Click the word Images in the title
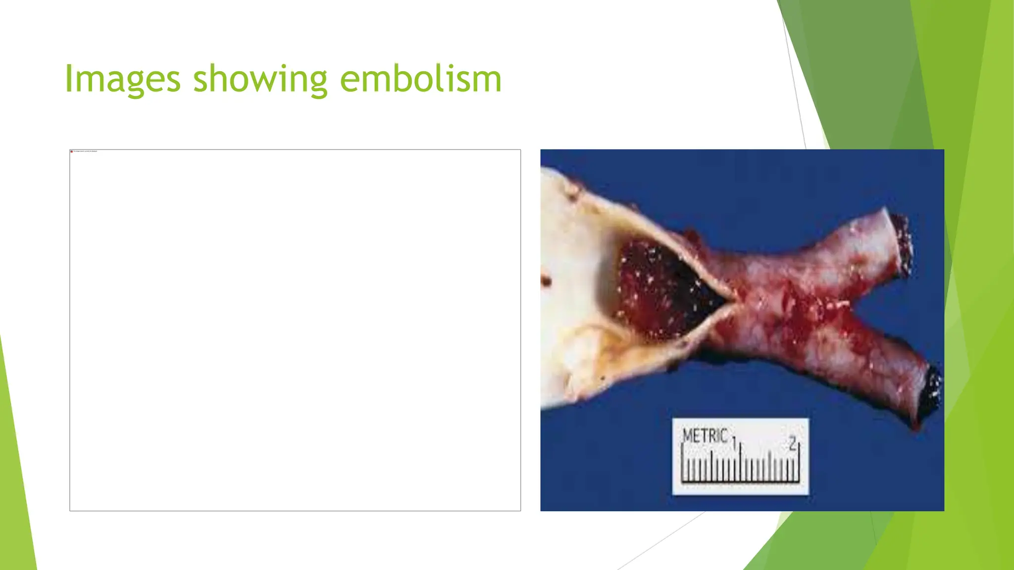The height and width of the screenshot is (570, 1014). coord(122,79)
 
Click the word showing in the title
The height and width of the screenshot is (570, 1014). coord(260,79)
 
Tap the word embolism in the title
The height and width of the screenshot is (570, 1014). coord(420,79)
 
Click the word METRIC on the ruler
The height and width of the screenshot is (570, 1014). coord(705,436)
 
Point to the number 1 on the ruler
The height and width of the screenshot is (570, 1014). coord(734,442)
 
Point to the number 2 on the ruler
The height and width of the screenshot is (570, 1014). coord(793,442)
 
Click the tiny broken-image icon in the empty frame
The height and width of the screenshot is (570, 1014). coord(72,151)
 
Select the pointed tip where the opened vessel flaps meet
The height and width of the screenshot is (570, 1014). coord(732,298)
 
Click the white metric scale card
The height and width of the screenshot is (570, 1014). coord(740,456)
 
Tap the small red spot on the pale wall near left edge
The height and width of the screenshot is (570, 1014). coord(546,281)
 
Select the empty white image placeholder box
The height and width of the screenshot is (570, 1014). coord(295,330)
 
